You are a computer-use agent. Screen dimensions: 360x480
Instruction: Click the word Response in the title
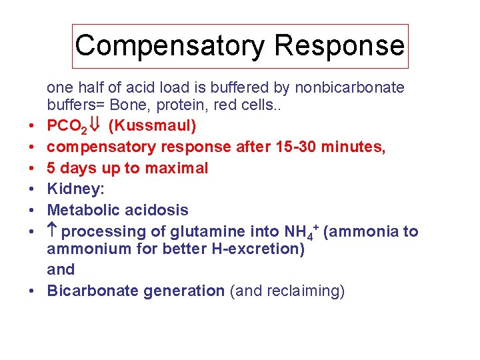click(339, 45)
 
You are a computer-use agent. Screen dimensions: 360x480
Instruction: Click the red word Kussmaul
click(152, 125)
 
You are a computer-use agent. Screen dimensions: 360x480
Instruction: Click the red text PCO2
click(65, 126)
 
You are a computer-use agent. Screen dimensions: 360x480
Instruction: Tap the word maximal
click(176, 167)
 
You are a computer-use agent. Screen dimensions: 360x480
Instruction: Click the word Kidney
click(73, 189)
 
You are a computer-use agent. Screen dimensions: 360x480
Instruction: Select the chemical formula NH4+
click(298, 231)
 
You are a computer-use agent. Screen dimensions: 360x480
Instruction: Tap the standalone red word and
click(61, 270)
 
